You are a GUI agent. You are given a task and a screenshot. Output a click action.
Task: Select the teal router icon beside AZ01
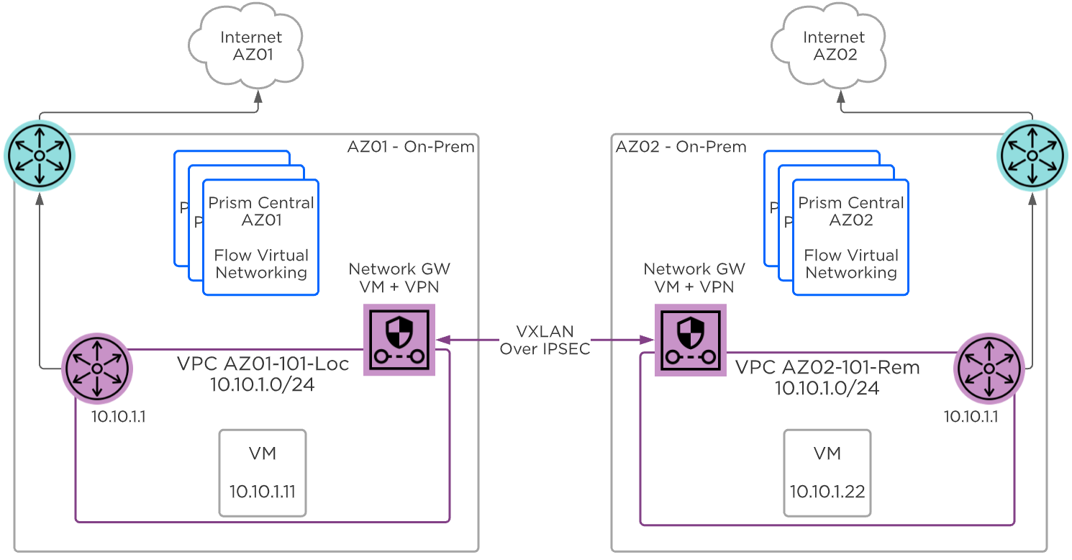click(40, 155)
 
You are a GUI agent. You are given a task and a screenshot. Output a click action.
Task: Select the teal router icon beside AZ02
click(1032, 155)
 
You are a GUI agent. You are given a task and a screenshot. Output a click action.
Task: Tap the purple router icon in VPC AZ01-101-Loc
click(97, 368)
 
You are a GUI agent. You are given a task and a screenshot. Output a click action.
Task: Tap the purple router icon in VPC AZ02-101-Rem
click(989, 368)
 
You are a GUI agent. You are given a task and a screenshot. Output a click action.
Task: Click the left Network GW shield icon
click(400, 340)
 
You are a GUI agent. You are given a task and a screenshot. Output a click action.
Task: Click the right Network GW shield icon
click(690, 340)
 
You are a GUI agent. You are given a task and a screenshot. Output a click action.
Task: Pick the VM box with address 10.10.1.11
click(263, 473)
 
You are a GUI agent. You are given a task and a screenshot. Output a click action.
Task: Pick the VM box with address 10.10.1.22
click(827, 473)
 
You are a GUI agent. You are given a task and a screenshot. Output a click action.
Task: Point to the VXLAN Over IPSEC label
click(545, 340)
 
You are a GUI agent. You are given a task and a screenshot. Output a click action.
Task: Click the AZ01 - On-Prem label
click(411, 147)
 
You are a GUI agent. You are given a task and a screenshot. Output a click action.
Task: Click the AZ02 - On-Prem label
click(681, 147)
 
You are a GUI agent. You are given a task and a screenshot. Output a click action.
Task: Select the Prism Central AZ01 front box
click(261, 238)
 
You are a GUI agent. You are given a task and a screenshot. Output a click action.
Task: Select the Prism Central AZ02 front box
click(850, 238)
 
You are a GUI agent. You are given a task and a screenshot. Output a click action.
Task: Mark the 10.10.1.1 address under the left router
click(119, 417)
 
